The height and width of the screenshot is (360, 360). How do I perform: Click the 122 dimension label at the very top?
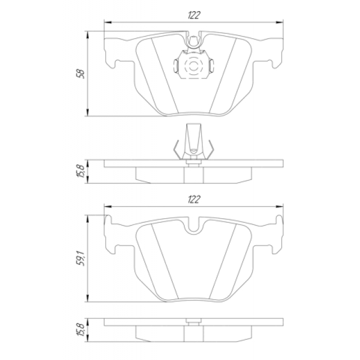(x=194, y=15)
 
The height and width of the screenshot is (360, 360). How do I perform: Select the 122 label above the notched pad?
(x=194, y=199)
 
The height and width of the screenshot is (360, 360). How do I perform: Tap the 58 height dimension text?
(x=80, y=74)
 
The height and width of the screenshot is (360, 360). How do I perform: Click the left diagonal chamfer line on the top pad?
(x=161, y=76)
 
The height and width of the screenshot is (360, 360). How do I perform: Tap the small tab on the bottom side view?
(x=193, y=322)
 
